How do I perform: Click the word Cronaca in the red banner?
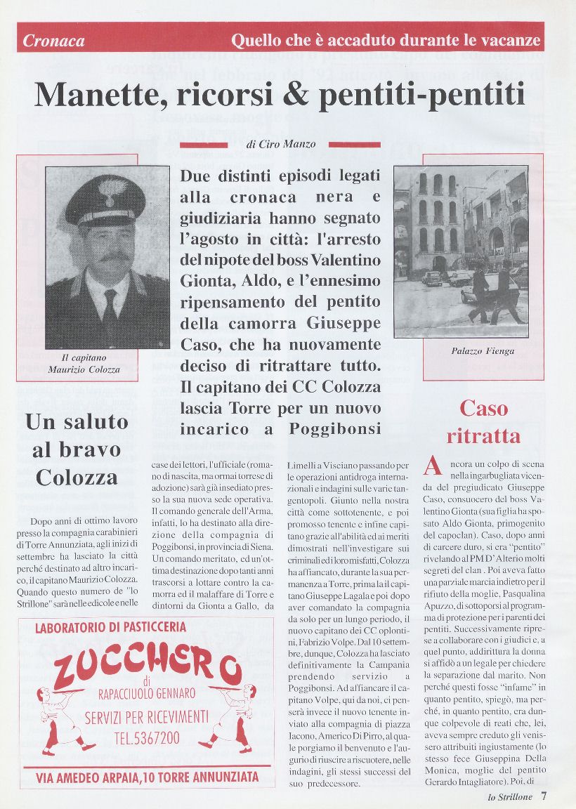coord(53,41)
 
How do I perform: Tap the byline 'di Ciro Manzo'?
coord(281,145)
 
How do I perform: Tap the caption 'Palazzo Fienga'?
coord(483,350)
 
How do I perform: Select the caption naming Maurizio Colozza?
coord(84,364)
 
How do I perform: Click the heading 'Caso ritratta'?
coord(483,421)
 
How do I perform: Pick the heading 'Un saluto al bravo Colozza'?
coord(77,449)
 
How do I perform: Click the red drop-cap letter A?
coord(434,466)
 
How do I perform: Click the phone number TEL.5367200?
coord(146,738)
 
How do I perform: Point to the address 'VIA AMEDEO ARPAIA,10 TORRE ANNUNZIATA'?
coord(147,777)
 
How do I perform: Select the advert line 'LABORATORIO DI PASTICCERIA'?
coord(111,627)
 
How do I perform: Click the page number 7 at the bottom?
coord(544,796)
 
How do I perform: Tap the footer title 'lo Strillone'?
coord(510,797)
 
